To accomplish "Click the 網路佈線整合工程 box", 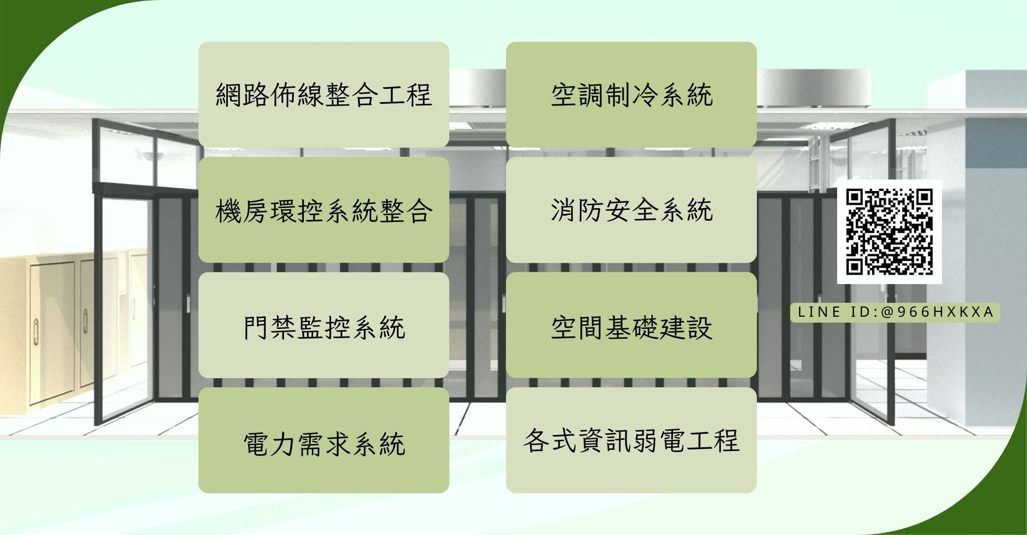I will coord(324,94).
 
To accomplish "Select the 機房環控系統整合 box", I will coord(324,210).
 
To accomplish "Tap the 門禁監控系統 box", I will coord(324,325).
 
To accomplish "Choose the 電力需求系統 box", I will coord(324,441).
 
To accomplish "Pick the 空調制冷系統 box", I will coord(631,94).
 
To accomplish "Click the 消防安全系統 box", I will coord(631,210).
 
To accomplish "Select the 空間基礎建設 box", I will coord(631,325).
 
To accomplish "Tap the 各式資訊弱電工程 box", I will coord(631,440).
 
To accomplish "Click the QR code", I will coord(889,232).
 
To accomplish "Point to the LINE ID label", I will coord(895,312).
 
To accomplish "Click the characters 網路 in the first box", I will coord(242,95).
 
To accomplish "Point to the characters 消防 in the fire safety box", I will coord(577,210).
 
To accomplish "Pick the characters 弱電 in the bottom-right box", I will coord(658,441).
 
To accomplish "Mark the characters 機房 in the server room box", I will coord(242,210).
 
